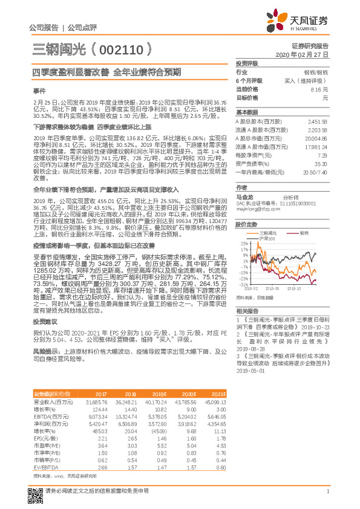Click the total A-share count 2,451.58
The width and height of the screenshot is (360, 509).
click(x=317, y=121)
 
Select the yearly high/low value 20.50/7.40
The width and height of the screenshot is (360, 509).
click(x=315, y=172)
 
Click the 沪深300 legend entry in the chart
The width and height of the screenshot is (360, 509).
click(x=266, y=238)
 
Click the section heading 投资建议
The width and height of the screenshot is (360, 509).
click(x=44, y=322)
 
